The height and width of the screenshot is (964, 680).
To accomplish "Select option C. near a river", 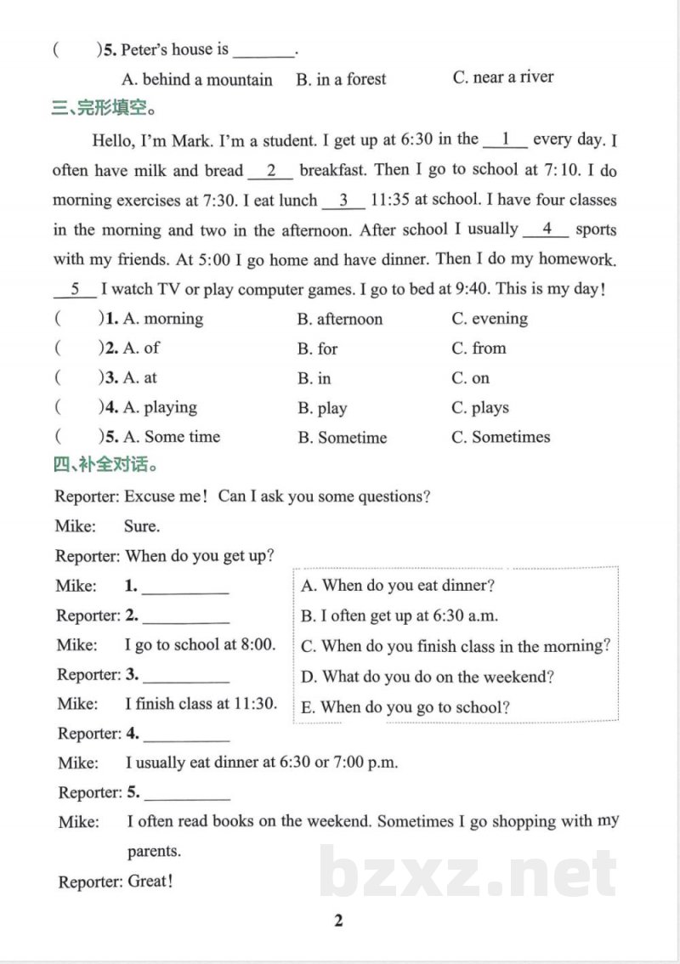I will point(503,77).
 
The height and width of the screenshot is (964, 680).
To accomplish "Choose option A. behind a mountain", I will point(197,80).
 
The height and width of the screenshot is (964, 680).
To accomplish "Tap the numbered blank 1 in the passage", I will point(505,139).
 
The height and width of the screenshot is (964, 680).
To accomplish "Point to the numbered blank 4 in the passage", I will point(547,230).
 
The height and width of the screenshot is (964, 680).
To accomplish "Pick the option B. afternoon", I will point(340,320).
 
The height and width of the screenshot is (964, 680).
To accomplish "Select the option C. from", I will point(479,349).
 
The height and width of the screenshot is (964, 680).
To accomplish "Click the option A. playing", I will point(160,408).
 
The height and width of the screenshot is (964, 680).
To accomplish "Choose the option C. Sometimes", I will point(501,437).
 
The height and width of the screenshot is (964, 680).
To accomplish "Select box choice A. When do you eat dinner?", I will point(398,586).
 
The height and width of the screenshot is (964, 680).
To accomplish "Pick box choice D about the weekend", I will point(428,678).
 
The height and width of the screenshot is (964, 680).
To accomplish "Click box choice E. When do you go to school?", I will point(405,707).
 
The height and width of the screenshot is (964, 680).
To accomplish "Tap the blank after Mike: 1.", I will point(186,587).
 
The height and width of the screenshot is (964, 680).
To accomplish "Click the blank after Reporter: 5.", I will point(188,794).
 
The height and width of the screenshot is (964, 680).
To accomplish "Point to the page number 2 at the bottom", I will point(338,921).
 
